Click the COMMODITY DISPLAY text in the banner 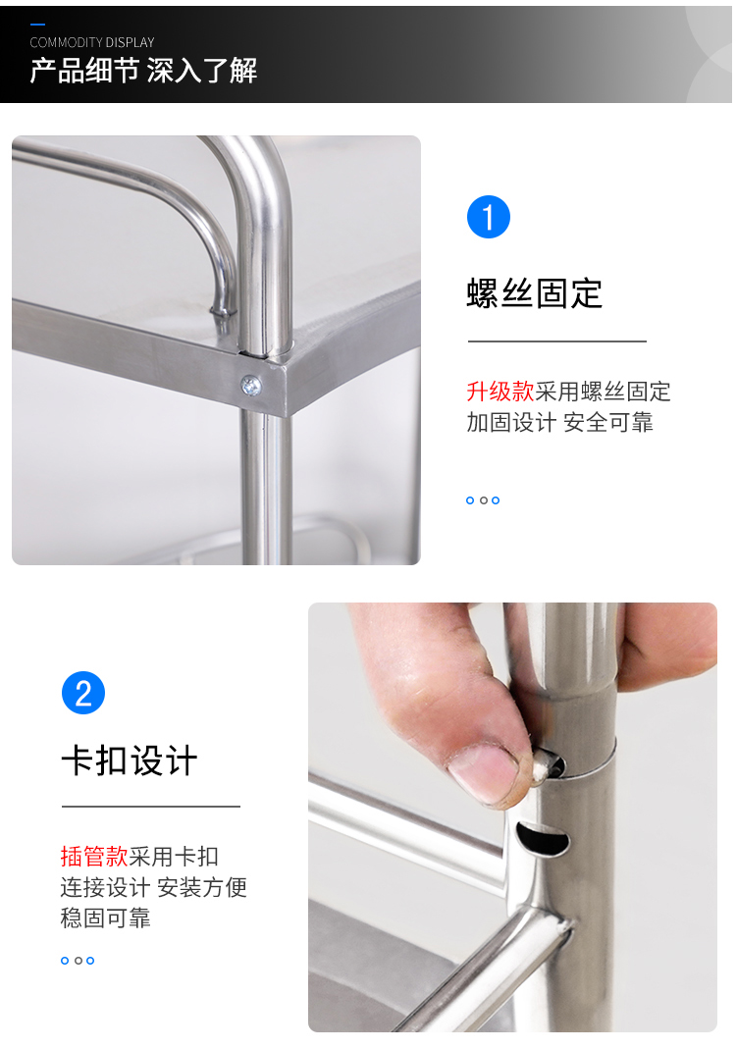91,42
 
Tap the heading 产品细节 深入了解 143,71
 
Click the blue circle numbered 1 489,217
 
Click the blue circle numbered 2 83,693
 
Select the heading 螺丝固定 535,293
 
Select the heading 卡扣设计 130,761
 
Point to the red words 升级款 499,391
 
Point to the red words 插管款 93,856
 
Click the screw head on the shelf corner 251,386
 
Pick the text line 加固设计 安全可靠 559,422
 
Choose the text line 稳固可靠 105,918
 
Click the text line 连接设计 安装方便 154,887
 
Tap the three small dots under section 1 483,500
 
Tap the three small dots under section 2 77,961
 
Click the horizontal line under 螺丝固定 556,341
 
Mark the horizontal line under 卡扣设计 150,807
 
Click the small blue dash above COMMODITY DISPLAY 37,25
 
